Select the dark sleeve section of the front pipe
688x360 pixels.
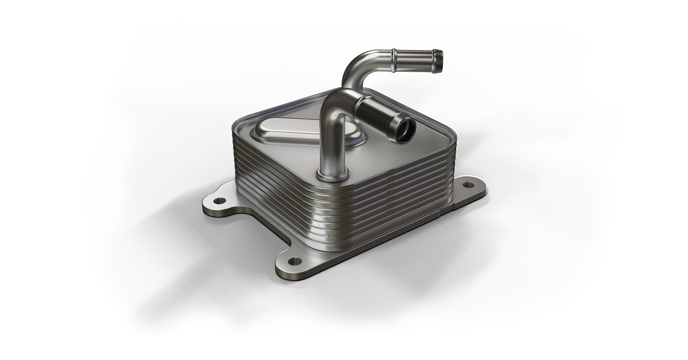coord(376,115)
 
